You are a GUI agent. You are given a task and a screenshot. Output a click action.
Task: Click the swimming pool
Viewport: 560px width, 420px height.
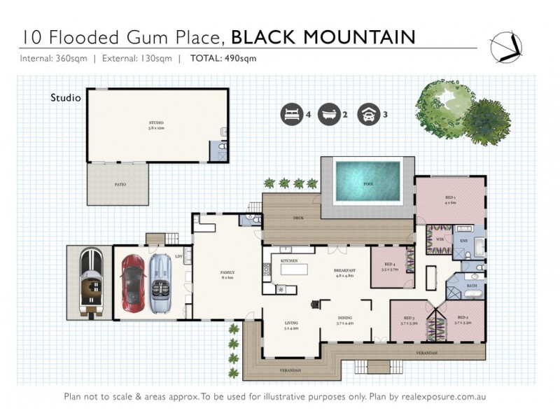tap(367, 181)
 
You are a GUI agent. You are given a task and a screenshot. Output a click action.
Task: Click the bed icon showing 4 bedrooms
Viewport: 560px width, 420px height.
tap(288, 113)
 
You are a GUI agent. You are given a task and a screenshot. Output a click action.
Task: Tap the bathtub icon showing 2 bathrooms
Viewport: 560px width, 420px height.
tap(328, 113)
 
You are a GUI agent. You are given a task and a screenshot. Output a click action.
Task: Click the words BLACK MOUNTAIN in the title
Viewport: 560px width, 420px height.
tap(323, 36)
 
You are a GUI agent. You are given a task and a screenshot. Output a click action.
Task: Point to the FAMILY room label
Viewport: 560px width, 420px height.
tap(227, 272)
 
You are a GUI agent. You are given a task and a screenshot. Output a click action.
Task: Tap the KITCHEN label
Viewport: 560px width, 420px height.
tap(289, 260)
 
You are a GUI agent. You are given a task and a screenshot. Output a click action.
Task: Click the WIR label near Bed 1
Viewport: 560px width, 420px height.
tap(440, 239)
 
